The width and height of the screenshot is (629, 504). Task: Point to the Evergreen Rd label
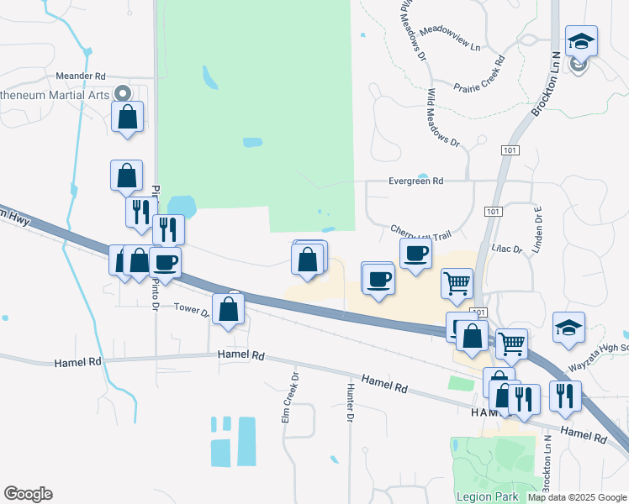click(415, 181)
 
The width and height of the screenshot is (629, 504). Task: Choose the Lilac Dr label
click(506, 249)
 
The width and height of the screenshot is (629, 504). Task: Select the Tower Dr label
click(191, 309)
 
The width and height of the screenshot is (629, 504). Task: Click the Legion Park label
click(487, 496)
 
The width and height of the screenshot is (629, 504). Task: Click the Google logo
click(28, 494)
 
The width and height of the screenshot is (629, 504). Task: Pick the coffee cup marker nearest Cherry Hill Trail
click(415, 252)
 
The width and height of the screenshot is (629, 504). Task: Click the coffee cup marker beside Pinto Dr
click(165, 261)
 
